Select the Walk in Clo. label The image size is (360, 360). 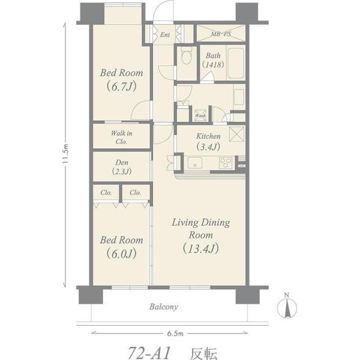pos(121,137)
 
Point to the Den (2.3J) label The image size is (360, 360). pos(122,167)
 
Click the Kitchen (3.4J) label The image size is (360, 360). pos(208,141)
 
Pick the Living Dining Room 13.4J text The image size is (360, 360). pos(201,236)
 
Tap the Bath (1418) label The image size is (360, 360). pos(213,60)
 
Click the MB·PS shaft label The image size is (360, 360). pos(221,34)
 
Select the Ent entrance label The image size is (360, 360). pos(165,35)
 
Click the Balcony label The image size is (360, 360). pos(163,307)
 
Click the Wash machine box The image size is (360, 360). pos(200,115)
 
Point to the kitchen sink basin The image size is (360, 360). pos(194,163)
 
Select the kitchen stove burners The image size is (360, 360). pos(226,163)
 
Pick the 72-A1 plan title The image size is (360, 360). pos(149,352)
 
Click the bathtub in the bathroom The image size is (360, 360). pos(236,63)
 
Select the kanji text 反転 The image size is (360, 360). pos(203,353)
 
